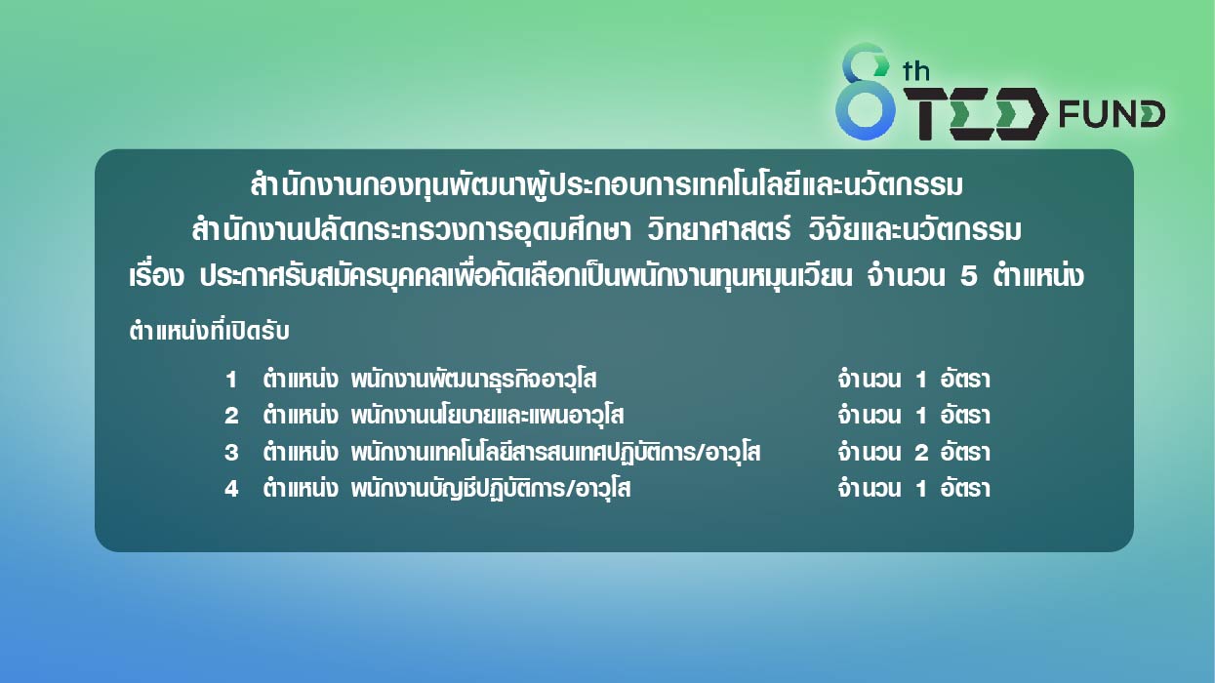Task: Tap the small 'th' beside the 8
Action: pos(916,71)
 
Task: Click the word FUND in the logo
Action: pos(1112,114)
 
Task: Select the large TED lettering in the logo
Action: pos(975,113)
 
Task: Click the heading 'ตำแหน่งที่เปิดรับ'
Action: pos(209,332)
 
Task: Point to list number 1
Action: pos(231,380)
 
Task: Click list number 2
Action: pos(231,416)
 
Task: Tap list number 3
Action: pos(231,453)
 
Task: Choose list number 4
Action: pos(231,489)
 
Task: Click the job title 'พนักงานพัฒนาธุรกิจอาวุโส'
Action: pos(473,380)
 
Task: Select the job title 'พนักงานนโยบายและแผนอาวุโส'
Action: pos(487,416)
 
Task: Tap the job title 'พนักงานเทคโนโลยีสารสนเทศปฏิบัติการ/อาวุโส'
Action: pos(555,453)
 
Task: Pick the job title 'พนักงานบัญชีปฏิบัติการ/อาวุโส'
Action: pos(490,489)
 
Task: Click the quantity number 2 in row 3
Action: pos(921,453)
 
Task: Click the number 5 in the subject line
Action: pos(969,276)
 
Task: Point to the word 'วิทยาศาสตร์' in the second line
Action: pos(718,229)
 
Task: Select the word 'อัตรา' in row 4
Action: pos(965,488)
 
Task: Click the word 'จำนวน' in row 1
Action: pos(869,380)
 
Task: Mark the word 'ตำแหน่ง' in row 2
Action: pos(301,416)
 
